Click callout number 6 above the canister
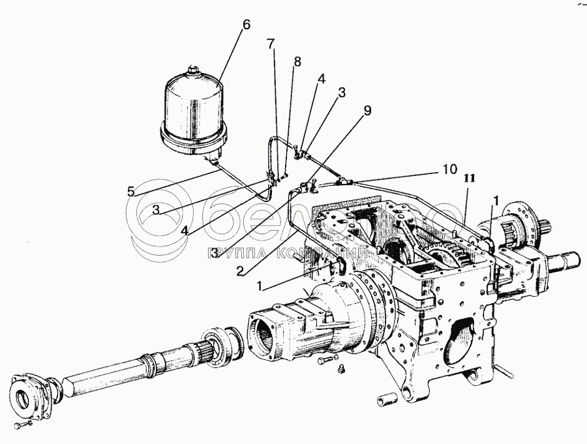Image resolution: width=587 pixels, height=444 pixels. point(245,25)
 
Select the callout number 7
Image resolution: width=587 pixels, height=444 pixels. point(271,44)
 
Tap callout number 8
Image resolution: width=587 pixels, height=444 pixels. point(297,62)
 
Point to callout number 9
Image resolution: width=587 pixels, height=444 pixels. point(367,110)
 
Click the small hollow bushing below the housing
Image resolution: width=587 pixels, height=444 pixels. point(384,397)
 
